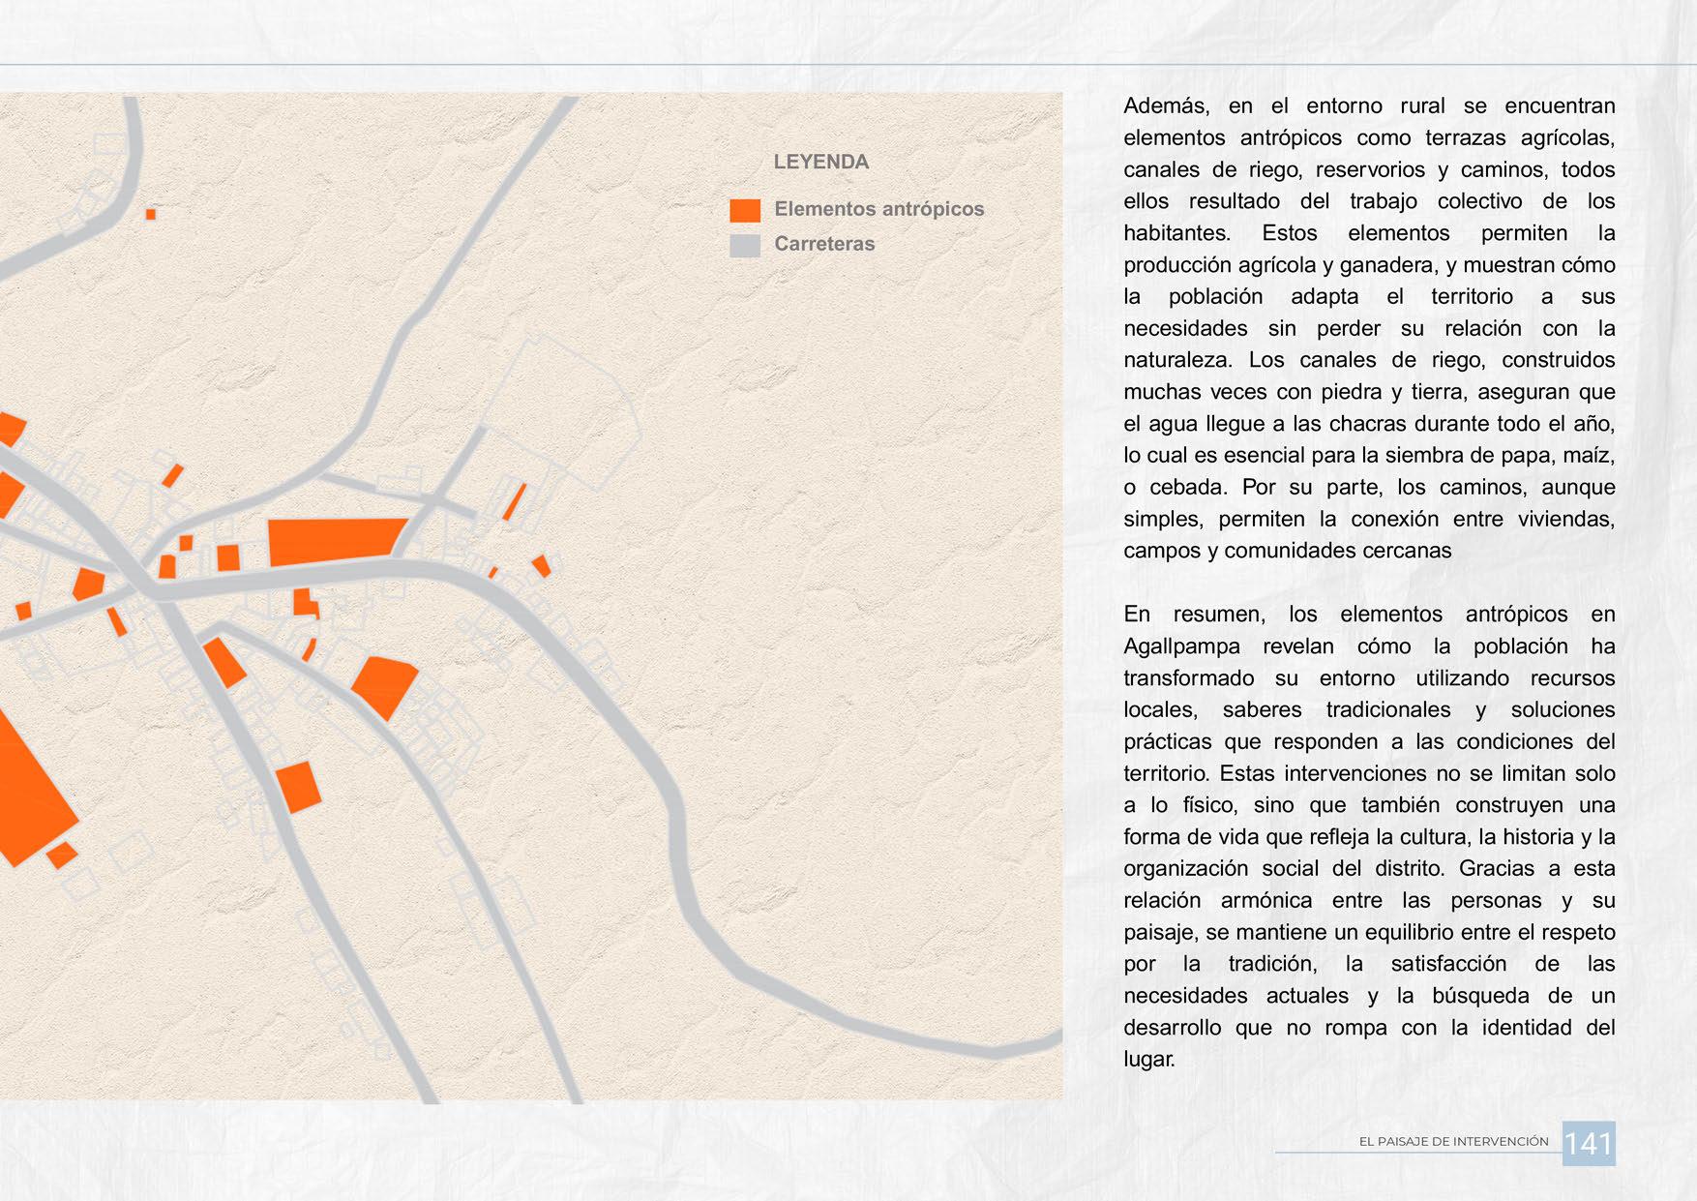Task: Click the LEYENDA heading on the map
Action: (820, 163)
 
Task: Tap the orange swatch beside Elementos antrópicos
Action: (745, 210)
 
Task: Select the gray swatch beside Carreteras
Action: (745, 245)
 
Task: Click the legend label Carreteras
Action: (824, 244)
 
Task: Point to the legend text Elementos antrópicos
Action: (878, 209)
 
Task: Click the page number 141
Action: (1589, 1144)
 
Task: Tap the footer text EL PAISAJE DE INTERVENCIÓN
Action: (1453, 1142)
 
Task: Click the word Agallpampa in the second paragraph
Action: (1180, 646)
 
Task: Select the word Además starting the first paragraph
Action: (1167, 105)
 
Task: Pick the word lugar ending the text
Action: (1148, 1059)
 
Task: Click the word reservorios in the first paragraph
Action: (1370, 169)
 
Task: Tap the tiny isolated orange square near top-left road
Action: (151, 214)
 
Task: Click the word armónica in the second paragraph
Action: (1266, 900)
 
